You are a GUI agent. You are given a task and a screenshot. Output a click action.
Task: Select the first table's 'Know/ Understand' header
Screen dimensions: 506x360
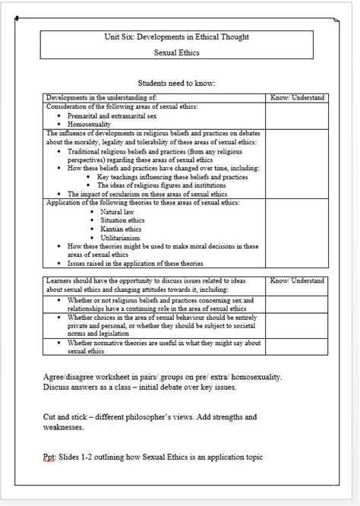[x=298, y=97]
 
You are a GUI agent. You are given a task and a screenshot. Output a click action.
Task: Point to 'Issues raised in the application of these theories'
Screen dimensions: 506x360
[x=135, y=263]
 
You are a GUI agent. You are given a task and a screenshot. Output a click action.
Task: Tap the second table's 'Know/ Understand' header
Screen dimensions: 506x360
[x=298, y=280]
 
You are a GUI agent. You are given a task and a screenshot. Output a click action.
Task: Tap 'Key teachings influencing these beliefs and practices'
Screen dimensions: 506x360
[x=173, y=176]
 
